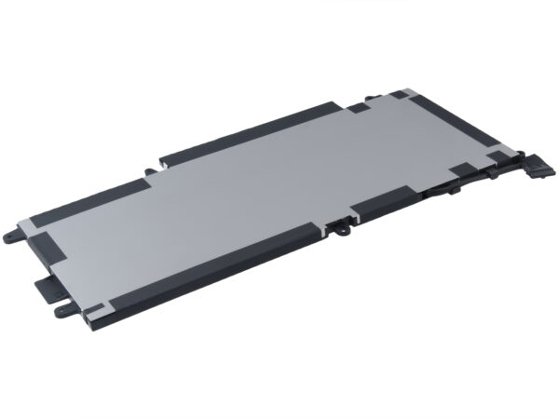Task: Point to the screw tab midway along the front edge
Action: point(342,224)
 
